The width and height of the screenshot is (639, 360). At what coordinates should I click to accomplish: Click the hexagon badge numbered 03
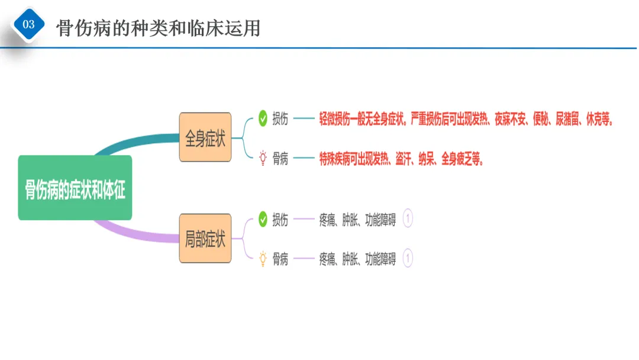pyautogui.click(x=28, y=24)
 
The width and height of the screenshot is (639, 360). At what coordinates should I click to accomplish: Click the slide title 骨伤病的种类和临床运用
pyautogui.click(x=159, y=28)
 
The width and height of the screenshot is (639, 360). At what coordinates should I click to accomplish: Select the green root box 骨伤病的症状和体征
pyautogui.click(x=75, y=188)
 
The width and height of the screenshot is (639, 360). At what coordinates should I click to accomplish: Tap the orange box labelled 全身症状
pyautogui.click(x=205, y=138)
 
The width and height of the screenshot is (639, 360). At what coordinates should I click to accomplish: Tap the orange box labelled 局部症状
pyautogui.click(x=205, y=239)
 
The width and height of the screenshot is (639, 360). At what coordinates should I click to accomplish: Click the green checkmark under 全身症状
pyautogui.click(x=263, y=119)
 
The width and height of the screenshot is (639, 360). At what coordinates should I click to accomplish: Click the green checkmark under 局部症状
pyautogui.click(x=263, y=220)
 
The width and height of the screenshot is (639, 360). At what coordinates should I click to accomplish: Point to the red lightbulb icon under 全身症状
pyautogui.click(x=263, y=158)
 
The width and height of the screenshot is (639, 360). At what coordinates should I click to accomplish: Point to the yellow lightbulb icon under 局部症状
pyautogui.click(x=263, y=259)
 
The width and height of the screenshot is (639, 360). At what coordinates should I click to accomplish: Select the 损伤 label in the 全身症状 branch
pyautogui.click(x=280, y=119)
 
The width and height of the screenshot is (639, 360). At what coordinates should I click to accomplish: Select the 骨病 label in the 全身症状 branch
pyautogui.click(x=280, y=159)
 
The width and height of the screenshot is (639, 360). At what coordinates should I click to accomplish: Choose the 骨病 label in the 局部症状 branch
pyautogui.click(x=280, y=259)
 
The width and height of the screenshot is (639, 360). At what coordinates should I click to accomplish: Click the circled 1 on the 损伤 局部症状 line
pyautogui.click(x=408, y=220)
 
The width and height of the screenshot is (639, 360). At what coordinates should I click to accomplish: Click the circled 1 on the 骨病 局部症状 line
pyautogui.click(x=408, y=259)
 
